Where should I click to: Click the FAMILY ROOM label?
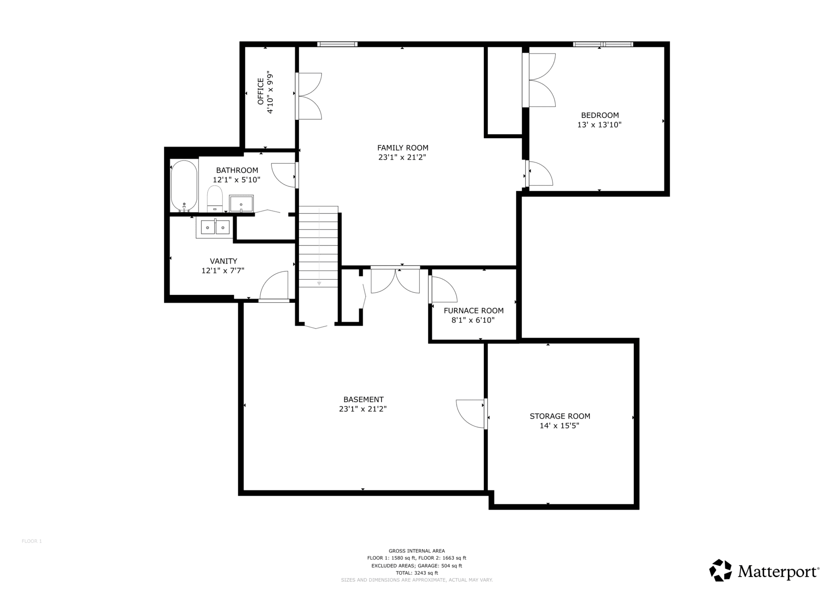coord(403,148)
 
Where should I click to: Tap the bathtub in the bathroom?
coord(184,186)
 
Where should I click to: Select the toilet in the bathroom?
coord(215,199)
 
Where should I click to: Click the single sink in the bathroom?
coord(241,203)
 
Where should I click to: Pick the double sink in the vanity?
coord(215,227)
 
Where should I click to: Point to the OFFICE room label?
coord(261,91)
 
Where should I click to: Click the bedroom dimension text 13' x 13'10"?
coord(599,125)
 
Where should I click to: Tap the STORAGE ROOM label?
coord(560,416)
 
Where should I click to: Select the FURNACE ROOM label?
coord(473,311)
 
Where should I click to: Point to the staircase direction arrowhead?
coord(319,283)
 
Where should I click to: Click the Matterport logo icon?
coord(721,570)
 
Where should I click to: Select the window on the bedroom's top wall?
coord(603,44)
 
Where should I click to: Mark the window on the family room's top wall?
coord(337,44)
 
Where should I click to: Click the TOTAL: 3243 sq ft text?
coord(417,573)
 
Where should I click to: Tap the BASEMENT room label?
coord(364,399)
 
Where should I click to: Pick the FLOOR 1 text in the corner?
coord(32,541)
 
